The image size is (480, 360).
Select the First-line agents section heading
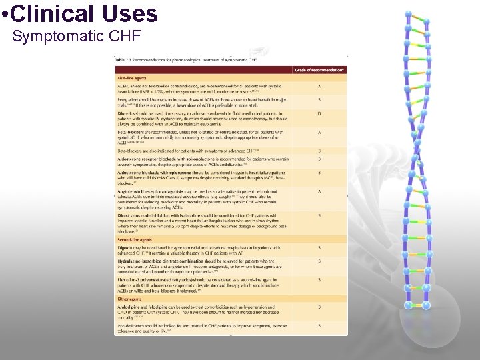(131, 78)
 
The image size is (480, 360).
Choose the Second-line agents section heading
(134, 239)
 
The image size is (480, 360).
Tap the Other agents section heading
(129, 299)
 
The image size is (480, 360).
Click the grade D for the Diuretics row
(319, 114)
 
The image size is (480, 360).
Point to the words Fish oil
(124, 280)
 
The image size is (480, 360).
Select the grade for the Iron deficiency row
(319, 325)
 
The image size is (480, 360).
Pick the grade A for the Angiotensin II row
(319, 192)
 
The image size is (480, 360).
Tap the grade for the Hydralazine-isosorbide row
(319, 261)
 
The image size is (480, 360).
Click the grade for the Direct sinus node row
(319, 215)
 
